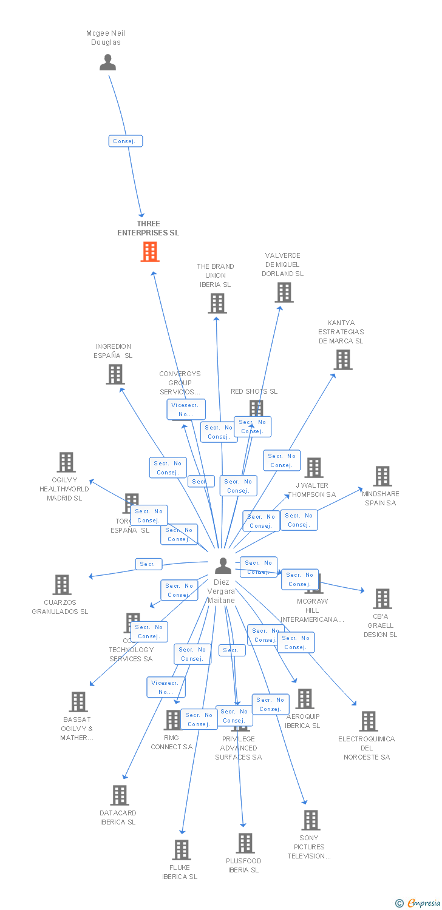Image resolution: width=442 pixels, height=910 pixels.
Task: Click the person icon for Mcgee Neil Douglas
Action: pos(107,62)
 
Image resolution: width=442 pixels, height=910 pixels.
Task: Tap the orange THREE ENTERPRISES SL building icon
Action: pos(149,252)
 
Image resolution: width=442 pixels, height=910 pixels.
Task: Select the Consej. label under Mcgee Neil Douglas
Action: pos(126,141)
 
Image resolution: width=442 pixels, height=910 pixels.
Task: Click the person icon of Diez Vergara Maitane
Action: pos(223,565)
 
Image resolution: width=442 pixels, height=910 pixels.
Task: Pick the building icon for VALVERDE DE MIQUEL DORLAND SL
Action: pos(284,292)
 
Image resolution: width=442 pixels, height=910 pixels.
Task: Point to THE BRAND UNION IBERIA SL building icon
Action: pos(217,303)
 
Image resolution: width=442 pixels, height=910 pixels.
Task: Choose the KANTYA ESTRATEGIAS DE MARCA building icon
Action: pos(342,360)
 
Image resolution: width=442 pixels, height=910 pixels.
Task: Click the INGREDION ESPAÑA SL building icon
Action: pos(115,374)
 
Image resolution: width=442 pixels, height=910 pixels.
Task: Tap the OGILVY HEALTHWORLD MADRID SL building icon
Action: pos(66,462)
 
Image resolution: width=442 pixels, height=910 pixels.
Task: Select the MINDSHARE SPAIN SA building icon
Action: pos(382,476)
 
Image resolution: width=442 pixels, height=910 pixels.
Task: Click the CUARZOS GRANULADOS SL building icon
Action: pos(61,585)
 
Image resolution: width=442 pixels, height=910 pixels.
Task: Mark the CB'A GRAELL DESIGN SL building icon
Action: pos(382,599)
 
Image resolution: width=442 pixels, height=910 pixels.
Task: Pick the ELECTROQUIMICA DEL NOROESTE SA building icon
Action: pos(368,721)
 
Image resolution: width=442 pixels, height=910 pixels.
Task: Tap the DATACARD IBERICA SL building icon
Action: pos(119,795)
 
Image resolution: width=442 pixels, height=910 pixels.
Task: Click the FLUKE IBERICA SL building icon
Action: pos(181,850)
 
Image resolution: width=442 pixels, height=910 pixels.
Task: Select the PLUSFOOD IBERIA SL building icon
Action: pos(245,843)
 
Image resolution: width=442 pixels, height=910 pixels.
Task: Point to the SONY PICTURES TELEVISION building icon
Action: pos(310,820)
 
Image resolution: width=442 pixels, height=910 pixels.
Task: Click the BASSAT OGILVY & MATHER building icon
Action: pos(78,702)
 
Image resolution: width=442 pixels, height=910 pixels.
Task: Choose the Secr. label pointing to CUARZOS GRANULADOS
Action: pos(148,564)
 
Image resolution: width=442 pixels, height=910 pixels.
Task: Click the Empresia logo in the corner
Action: pos(418,903)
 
